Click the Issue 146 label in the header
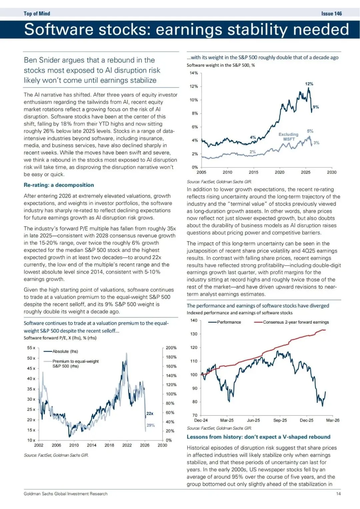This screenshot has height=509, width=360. pyautogui.click(x=331, y=14)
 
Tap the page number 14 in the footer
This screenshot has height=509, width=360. pyautogui.click(x=338, y=494)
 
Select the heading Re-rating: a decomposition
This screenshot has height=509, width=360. pyautogui.click(x=59, y=185)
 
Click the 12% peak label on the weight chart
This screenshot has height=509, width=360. pyautogui.click(x=309, y=84)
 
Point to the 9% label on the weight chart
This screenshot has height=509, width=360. pyautogui.click(x=316, y=107)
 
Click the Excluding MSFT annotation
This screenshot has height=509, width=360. pyautogui.click(x=288, y=137)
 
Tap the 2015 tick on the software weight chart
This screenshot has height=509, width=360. pyautogui.click(x=253, y=172)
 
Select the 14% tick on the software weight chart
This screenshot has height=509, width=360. pyautogui.click(x=194, y=73)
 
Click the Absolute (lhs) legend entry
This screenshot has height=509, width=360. pyautogui.click(x=65, y=351)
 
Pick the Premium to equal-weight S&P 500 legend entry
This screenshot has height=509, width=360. pyautogui.click(x=75, y=364)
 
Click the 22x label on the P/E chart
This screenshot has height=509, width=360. pyautogui.click(x=150, y=414)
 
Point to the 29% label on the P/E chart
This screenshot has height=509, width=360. pyautogui.click(x=151, y=425)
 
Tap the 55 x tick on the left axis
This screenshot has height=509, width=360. pyautogui.click(x=31, y=348)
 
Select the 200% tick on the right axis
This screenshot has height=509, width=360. pyautogui.click(x=171, y=348)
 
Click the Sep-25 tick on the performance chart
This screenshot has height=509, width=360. pyautogui.click(x=280, y=420)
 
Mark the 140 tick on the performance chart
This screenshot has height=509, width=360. pyautogui.click(x=194, y=320)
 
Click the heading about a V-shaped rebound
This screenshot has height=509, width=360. pyautogui.click(x=258, y=437)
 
